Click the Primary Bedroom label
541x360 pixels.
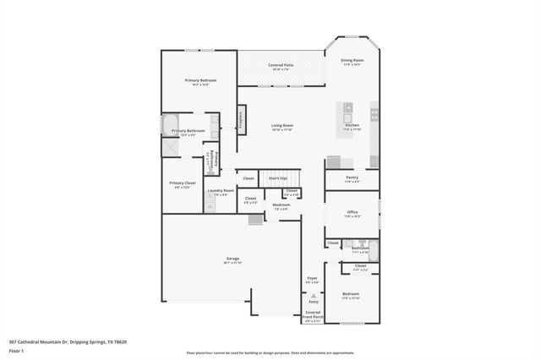pos(200,80)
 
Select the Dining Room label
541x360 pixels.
pos(352,60)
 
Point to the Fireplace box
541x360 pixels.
pos(240,118)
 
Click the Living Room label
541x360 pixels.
pos(281,125)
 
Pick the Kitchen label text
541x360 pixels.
pos(352,125)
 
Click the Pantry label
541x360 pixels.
pos(352,177)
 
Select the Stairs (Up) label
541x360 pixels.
pos(277,178)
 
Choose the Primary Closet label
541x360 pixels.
pos(182,183)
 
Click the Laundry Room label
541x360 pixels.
pos(221,191)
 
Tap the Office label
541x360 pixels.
pos(352,213)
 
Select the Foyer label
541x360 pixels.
pos(312,278)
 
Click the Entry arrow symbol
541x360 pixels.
pos(313,294)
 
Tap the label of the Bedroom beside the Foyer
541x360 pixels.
pos(350,294)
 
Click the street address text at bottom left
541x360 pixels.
pos(68,341)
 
